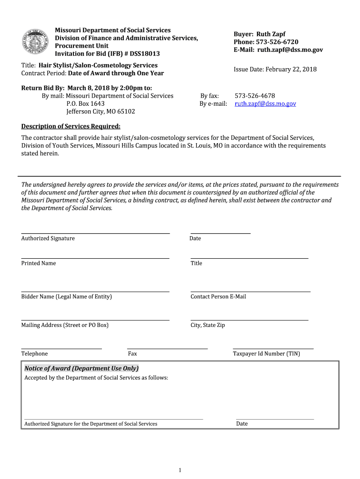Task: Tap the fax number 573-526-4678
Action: point(255,96)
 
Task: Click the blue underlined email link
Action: point(265,104)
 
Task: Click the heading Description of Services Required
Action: point(71,126)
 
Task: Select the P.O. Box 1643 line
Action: point(86,103)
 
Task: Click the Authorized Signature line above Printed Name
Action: point(95,233)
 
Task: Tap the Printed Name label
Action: point(38,263)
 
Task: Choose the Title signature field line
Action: point(249,258)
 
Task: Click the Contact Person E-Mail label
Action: point(218,297)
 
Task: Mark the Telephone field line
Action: point(61,348)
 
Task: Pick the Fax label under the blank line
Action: point(132,354)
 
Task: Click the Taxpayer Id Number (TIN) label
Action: point(266,354)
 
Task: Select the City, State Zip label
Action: point(208,325)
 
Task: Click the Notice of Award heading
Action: point(81,368)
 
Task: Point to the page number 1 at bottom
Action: point(180,470)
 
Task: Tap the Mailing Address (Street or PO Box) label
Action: point(65,325)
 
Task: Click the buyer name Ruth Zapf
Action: point(271,34)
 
